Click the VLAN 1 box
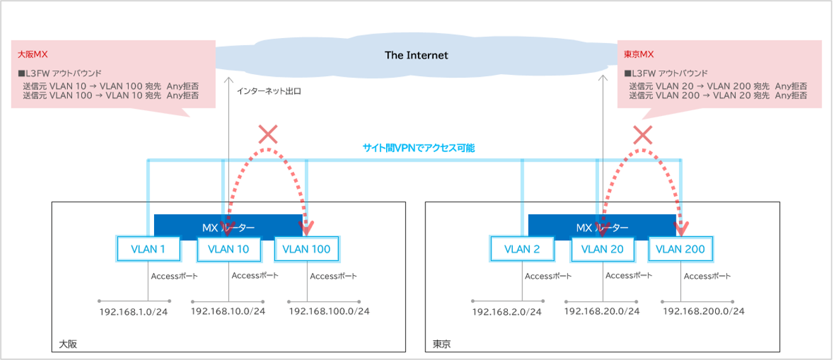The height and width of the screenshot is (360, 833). (148, 249)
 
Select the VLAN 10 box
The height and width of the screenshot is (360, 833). (229, 249)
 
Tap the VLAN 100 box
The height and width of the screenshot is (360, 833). (306, 249)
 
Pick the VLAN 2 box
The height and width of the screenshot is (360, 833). (522, 249)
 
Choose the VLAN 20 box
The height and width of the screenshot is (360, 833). (602, 249)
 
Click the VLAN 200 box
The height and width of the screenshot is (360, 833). (681, 249)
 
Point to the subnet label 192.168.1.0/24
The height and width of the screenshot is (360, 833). (134, 312)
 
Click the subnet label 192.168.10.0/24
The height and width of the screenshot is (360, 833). (228, 311)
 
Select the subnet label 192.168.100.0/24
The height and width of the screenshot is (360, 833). (329, 311)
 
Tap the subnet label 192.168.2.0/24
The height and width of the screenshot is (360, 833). (507, 312)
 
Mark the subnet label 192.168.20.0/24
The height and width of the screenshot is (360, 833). (602, 311)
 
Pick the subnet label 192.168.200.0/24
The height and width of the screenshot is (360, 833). (704, 311)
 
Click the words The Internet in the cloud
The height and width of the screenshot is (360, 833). (416, 56)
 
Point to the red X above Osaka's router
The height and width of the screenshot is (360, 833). (268, 134)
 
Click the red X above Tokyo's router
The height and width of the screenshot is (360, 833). (643, 134)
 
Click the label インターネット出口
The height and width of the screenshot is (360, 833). (268, 91)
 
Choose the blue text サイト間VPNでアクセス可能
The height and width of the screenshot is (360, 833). (418, 148)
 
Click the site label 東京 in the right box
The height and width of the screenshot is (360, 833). (442, 344)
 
